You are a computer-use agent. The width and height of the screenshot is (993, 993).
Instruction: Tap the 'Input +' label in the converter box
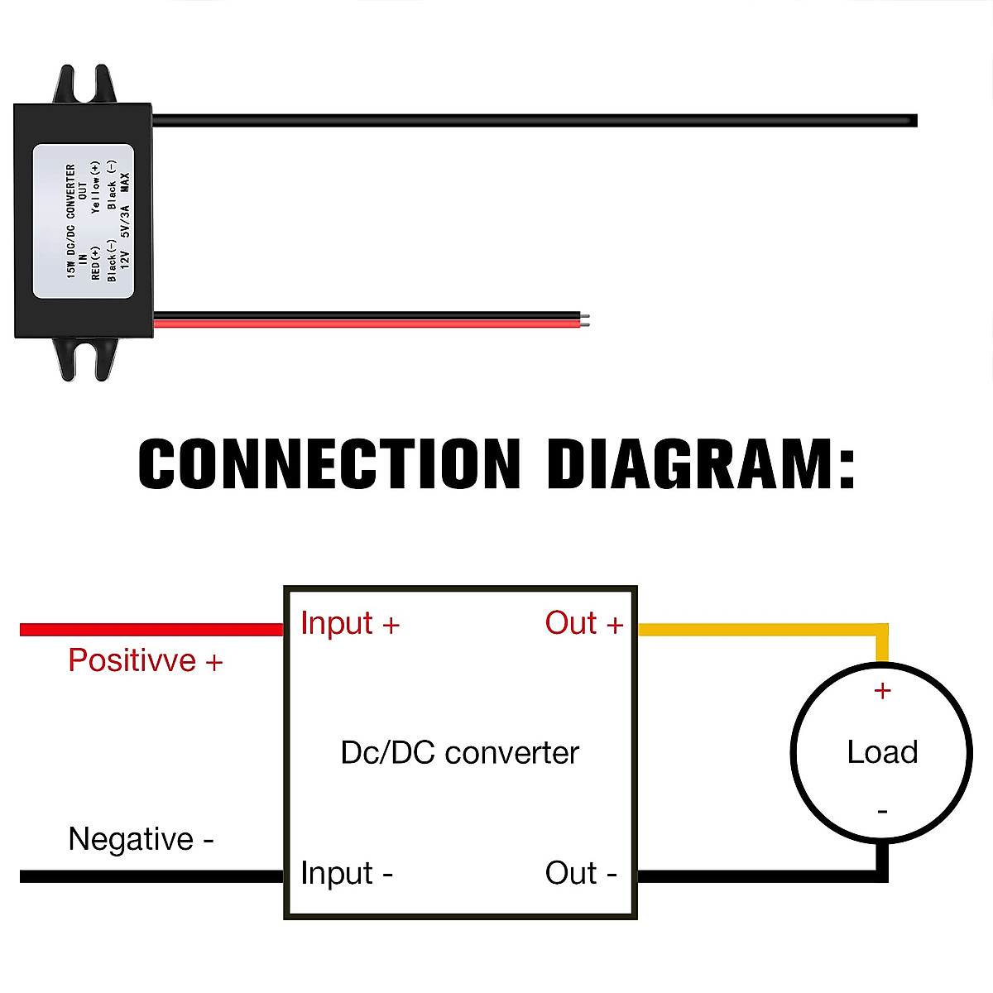tap(350, 623)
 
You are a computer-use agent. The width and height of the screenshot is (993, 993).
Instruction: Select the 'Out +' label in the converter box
tap(583, 623)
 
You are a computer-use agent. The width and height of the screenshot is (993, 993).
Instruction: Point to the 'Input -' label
tap(347, 874)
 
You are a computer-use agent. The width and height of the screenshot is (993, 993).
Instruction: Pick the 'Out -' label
tap(581, 874)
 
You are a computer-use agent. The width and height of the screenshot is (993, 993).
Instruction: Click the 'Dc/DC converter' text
tap(459, 753)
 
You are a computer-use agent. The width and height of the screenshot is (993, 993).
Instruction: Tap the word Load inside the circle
tap(882, 752)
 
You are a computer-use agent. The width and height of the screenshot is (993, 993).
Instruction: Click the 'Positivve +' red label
tap(146, 661)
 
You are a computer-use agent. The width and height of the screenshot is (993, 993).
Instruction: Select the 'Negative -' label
tap(141, 839)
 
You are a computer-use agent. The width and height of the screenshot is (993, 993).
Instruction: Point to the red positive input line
tap(149, 630)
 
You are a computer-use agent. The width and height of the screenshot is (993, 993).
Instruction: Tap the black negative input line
tap(149, 875)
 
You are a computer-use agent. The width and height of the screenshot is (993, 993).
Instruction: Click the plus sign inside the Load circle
tap(882, 690)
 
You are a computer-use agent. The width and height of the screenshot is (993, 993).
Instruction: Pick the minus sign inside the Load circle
tap(882, 812)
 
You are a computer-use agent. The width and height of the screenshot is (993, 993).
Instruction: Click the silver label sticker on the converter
tap(83, 221)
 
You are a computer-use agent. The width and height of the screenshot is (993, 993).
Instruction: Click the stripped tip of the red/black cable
tap(586, 319)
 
